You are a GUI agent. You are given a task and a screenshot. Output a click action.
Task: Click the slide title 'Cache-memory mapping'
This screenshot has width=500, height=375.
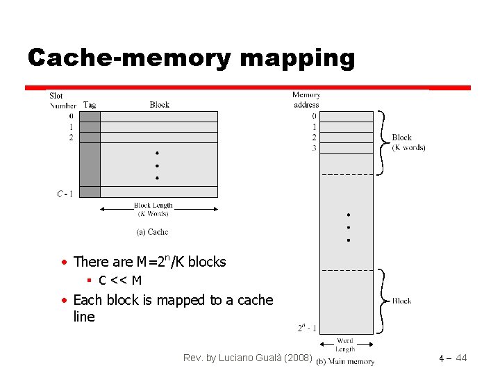tap(191, 58)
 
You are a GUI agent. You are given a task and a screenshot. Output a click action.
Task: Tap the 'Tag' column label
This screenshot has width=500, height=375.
tap(90, 105)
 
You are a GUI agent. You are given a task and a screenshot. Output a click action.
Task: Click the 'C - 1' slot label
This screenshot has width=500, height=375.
tap(65, 193)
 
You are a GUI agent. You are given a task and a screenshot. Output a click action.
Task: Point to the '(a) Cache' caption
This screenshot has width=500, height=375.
tap(151, 231)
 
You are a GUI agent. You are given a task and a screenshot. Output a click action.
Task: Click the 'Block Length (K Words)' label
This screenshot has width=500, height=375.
tap(153, 209)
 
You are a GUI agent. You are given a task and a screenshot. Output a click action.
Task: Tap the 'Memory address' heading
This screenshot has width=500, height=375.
tap(306, 99)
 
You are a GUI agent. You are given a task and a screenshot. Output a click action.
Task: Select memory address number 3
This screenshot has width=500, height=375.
tap(315, 149)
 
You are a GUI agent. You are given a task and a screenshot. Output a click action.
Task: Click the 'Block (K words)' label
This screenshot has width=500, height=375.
tap(408, 142)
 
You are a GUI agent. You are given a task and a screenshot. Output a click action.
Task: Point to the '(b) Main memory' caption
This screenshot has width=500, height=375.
tap(346, 361)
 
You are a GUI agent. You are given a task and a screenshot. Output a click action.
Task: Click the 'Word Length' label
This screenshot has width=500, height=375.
tap(345, 344)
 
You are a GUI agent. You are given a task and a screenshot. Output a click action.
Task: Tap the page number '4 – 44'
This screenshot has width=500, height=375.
tap(453, 358)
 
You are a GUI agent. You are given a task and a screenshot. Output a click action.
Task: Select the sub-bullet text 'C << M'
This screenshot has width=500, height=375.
tap(120, 281)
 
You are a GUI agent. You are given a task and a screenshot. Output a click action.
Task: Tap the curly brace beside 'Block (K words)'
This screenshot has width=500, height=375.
tap(381, 142)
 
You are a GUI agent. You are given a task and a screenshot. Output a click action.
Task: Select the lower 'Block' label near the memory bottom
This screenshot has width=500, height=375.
tap(401, 301)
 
